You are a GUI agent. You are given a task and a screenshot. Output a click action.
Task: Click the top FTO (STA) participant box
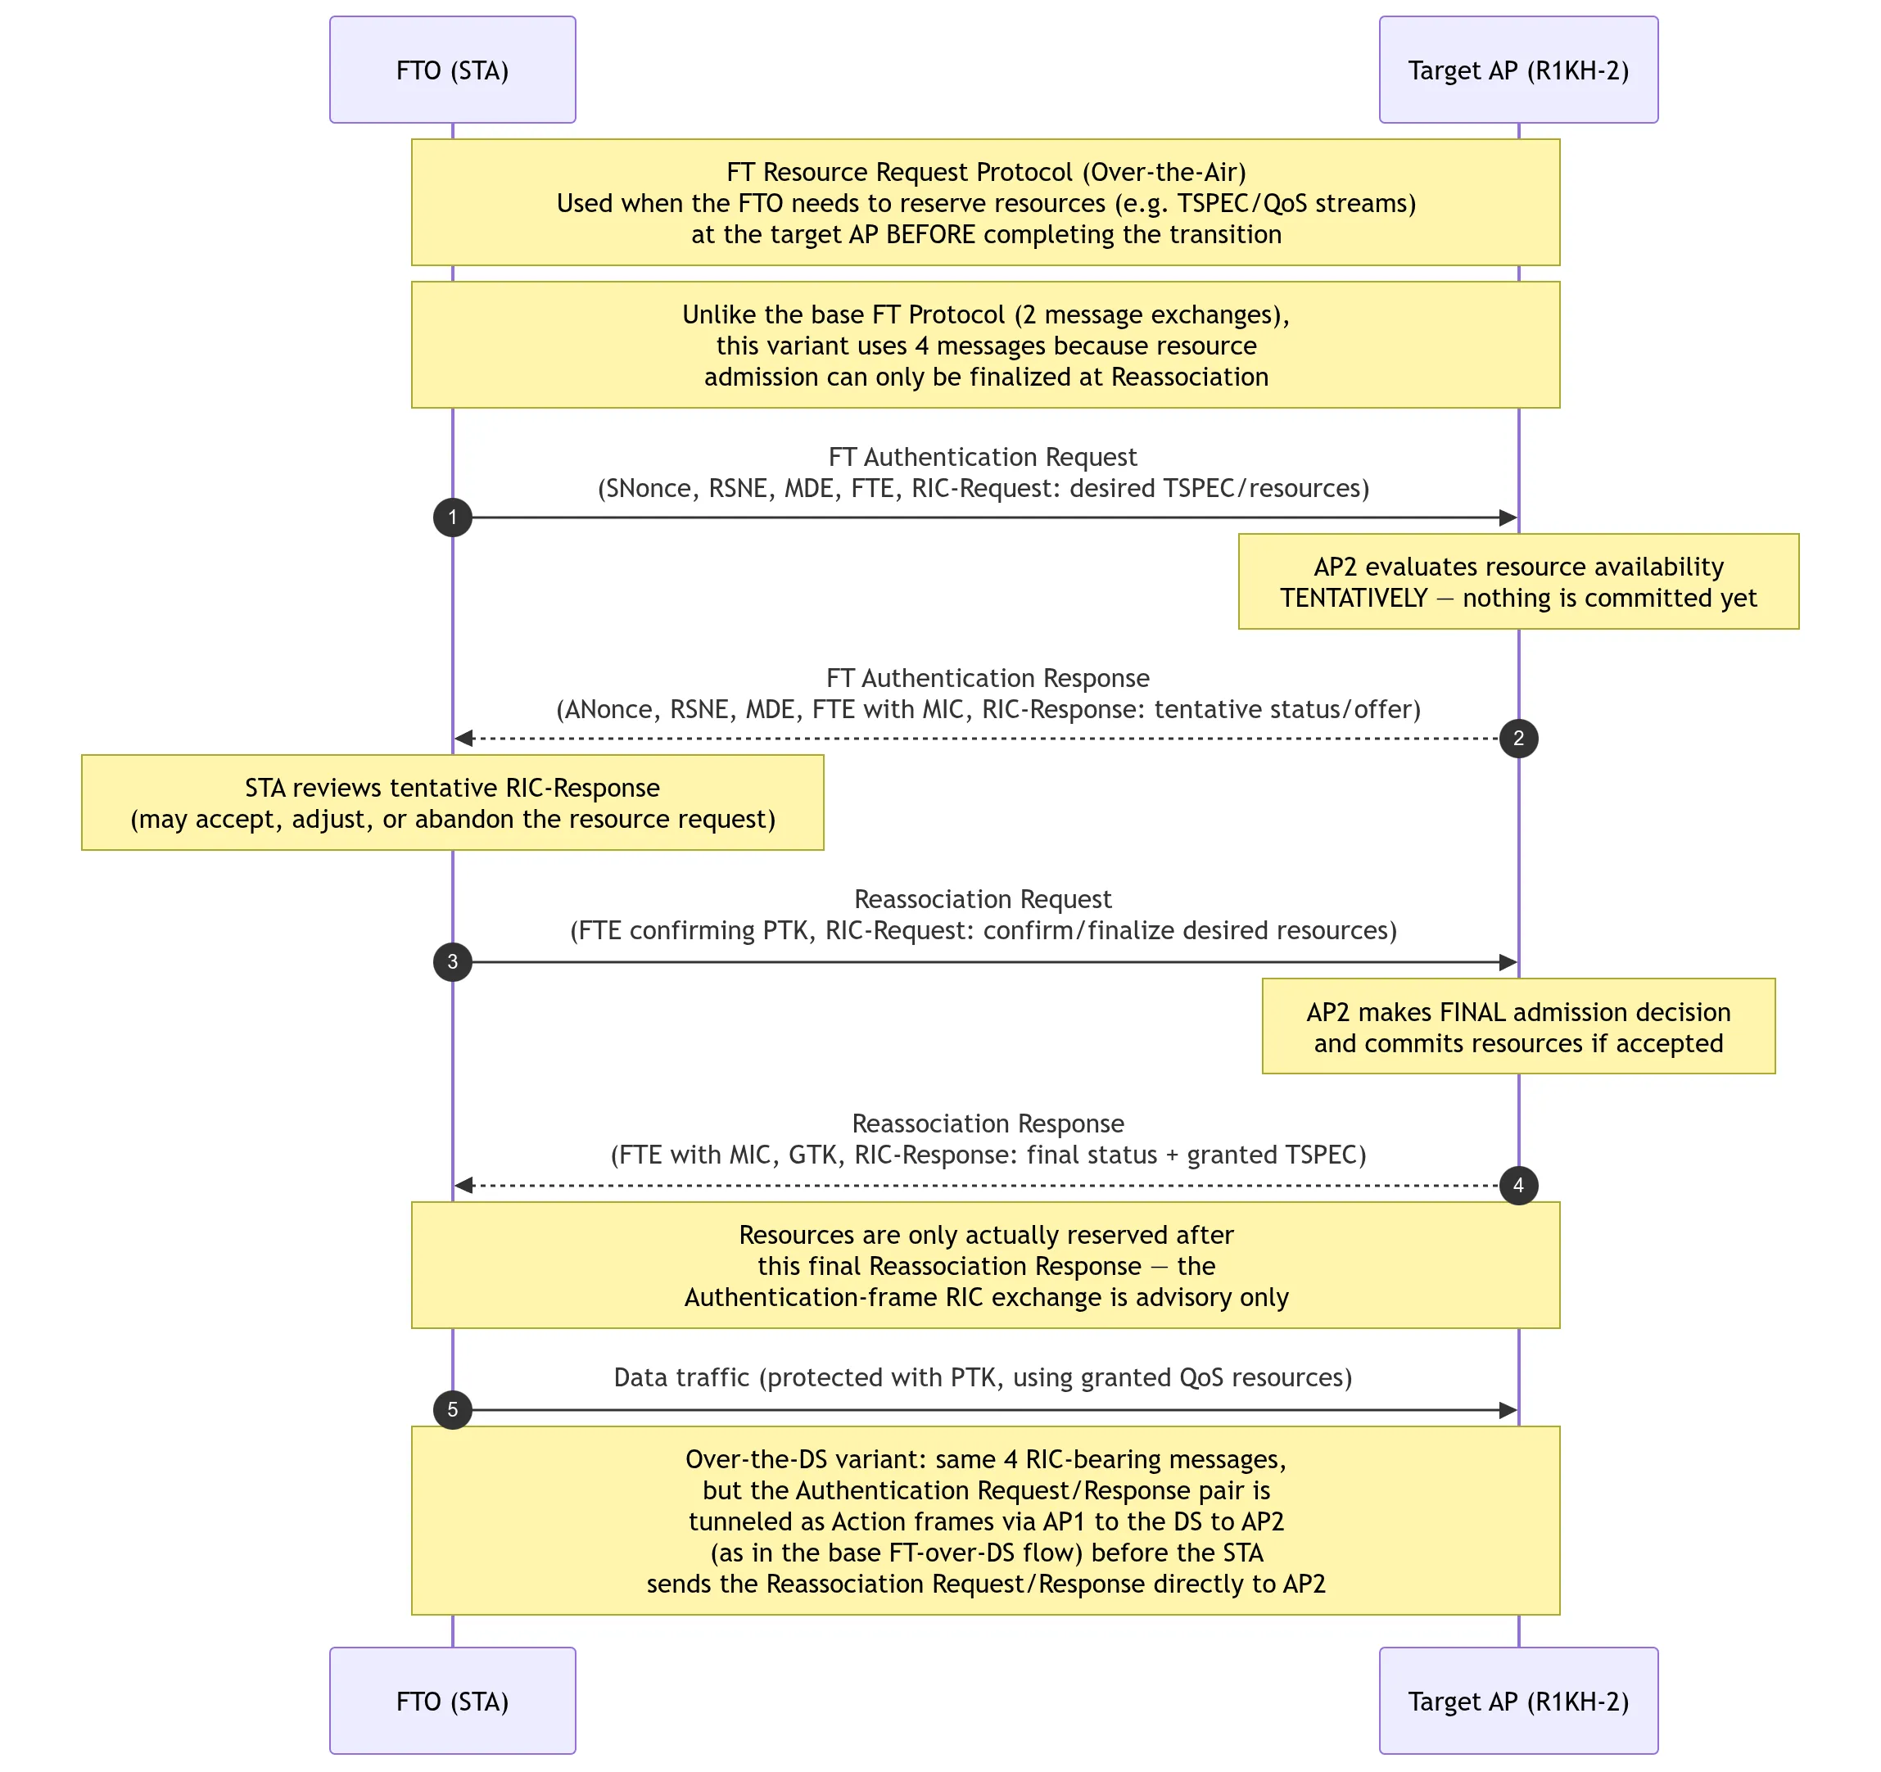coord(452,69)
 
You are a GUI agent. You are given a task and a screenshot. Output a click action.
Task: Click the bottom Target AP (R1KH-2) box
coord(1517,1700)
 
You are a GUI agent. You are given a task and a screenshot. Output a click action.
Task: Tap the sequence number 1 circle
coord(452,518)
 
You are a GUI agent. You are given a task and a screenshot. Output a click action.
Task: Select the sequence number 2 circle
coord(1518,738)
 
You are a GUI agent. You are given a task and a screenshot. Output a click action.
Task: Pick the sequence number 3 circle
coord(452,962)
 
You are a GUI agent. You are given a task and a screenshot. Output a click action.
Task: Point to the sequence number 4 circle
coord(1518,1186)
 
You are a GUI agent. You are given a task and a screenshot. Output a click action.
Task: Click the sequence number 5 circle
coord(452,1409)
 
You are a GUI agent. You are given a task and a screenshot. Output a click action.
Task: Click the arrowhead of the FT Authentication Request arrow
coord(1508,518)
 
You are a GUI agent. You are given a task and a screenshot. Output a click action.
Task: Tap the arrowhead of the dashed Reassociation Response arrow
coord(463,1186)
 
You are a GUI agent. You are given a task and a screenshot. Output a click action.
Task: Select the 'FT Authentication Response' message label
coord(988,678)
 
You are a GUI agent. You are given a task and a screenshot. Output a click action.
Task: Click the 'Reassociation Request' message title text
coord(983,899)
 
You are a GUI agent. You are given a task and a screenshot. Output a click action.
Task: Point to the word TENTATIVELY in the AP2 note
coord(1353,598)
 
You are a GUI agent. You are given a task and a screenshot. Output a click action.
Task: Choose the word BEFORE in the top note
coord(929,235)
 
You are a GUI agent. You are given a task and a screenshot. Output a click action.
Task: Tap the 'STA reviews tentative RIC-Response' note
coord(452,802)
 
